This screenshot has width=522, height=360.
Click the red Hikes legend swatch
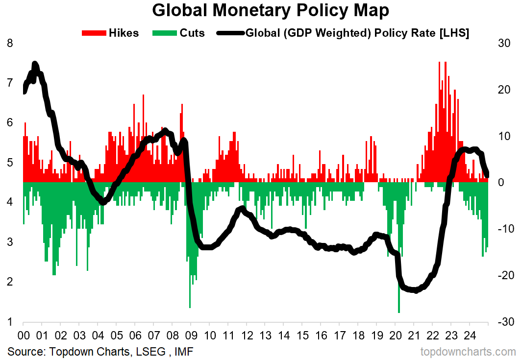pos(94,33)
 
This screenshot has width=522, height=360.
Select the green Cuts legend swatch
pos(165,33)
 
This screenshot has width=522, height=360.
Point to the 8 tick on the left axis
pos(10,43)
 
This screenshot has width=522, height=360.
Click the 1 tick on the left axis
pos(10,322)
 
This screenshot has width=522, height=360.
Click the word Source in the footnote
pos(23,351)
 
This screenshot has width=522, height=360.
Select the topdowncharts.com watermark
pos(468,351)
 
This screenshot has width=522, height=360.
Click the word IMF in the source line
pos(184,351)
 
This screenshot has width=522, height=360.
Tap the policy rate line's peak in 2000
pos(34,64)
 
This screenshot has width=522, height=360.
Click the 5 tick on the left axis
pos(10,163)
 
